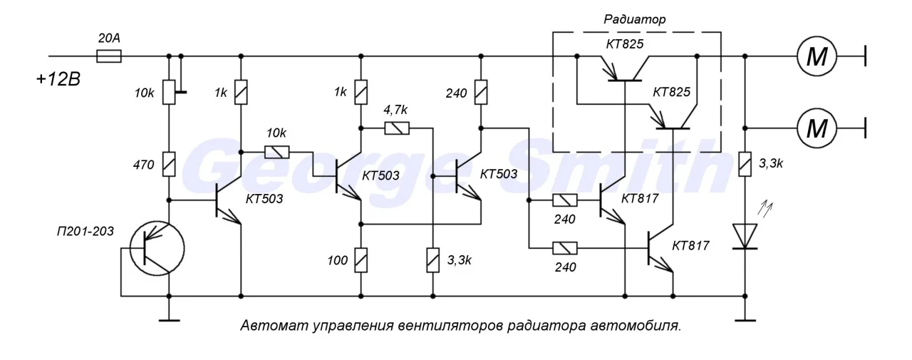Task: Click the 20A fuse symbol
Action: (x=108, y=55)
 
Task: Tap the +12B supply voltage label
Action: (x=60, y=78)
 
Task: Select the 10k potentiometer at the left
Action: (x=170, y=91)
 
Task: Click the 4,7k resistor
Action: (x=396, y=128)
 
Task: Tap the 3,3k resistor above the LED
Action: (x=745, y=165)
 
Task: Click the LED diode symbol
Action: (x=745, y=235)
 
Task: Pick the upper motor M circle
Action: (x=815, y=55)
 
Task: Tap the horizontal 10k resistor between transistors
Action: (x=276, y=152)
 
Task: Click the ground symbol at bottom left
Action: (x=170, y=318)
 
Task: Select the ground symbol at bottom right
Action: (x=745, y=318)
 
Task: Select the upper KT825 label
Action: (x=625, y=45)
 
